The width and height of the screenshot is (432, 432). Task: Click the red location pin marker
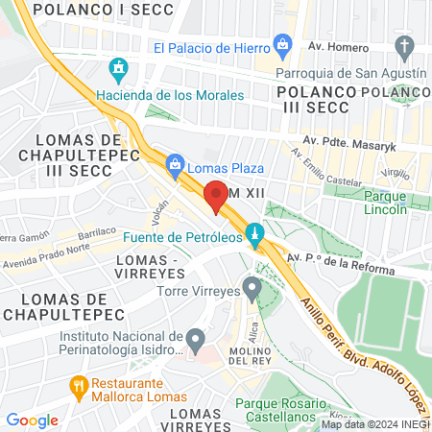point(217,195)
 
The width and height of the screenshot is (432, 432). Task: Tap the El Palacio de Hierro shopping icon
point(282,44)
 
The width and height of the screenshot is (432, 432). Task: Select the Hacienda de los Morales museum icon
point(119,70)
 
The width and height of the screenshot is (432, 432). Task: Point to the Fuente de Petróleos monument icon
point(253,233)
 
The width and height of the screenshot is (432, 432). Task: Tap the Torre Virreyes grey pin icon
point(252,287)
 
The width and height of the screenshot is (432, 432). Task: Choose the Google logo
point(32,420)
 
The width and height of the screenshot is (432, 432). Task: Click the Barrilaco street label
point(103,233)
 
